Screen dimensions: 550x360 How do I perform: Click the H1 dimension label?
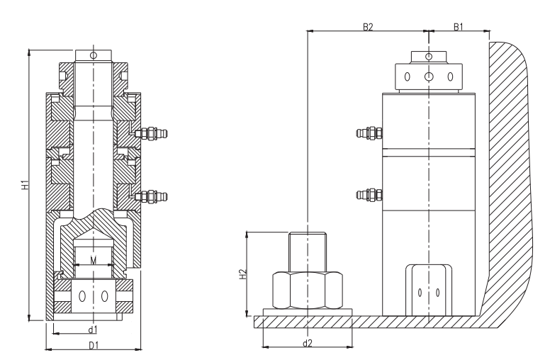pos(25,185)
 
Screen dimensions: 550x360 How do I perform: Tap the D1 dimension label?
pos(94,346)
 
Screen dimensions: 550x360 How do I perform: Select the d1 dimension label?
pos(93,330)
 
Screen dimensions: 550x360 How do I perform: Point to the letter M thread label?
pos(94,260)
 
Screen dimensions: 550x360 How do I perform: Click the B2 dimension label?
pos(368,27)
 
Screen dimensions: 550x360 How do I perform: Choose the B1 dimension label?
pos(459,27)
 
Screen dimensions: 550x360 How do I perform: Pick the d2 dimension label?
pos(308,343)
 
